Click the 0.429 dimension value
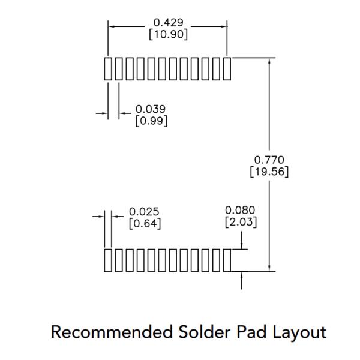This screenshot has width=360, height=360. [168, 23]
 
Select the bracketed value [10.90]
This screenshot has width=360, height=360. [168, 34]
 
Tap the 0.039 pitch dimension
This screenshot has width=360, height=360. [151, 109]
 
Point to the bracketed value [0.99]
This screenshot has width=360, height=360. [151, 121]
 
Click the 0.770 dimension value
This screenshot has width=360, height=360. [269, 160]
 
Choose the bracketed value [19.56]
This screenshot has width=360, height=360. [269, 172]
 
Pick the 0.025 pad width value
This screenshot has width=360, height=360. [144, 212]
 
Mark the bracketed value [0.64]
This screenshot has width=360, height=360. [145, 224]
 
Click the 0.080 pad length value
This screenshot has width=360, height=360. [240, 211]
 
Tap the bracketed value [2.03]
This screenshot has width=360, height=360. [241, 222]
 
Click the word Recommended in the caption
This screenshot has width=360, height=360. [112, 332]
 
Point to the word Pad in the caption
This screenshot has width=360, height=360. [251, 332]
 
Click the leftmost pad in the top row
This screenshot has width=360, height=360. [108, 69]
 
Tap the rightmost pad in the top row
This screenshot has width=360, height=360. [227, 69]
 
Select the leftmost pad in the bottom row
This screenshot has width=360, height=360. [108, 260]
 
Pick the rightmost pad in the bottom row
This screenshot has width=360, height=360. [227, 260]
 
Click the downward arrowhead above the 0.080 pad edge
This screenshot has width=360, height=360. [241, 245]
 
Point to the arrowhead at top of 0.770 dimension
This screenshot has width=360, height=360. [269, 61]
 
